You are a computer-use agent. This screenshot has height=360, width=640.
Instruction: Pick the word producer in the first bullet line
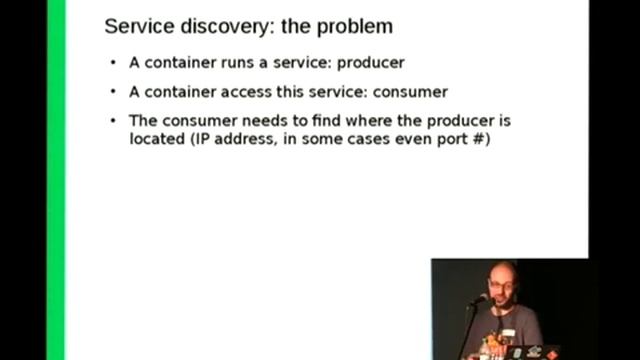[x=370, y=62]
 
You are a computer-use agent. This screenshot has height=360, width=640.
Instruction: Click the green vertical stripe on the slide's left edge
[x=57, y=180]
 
